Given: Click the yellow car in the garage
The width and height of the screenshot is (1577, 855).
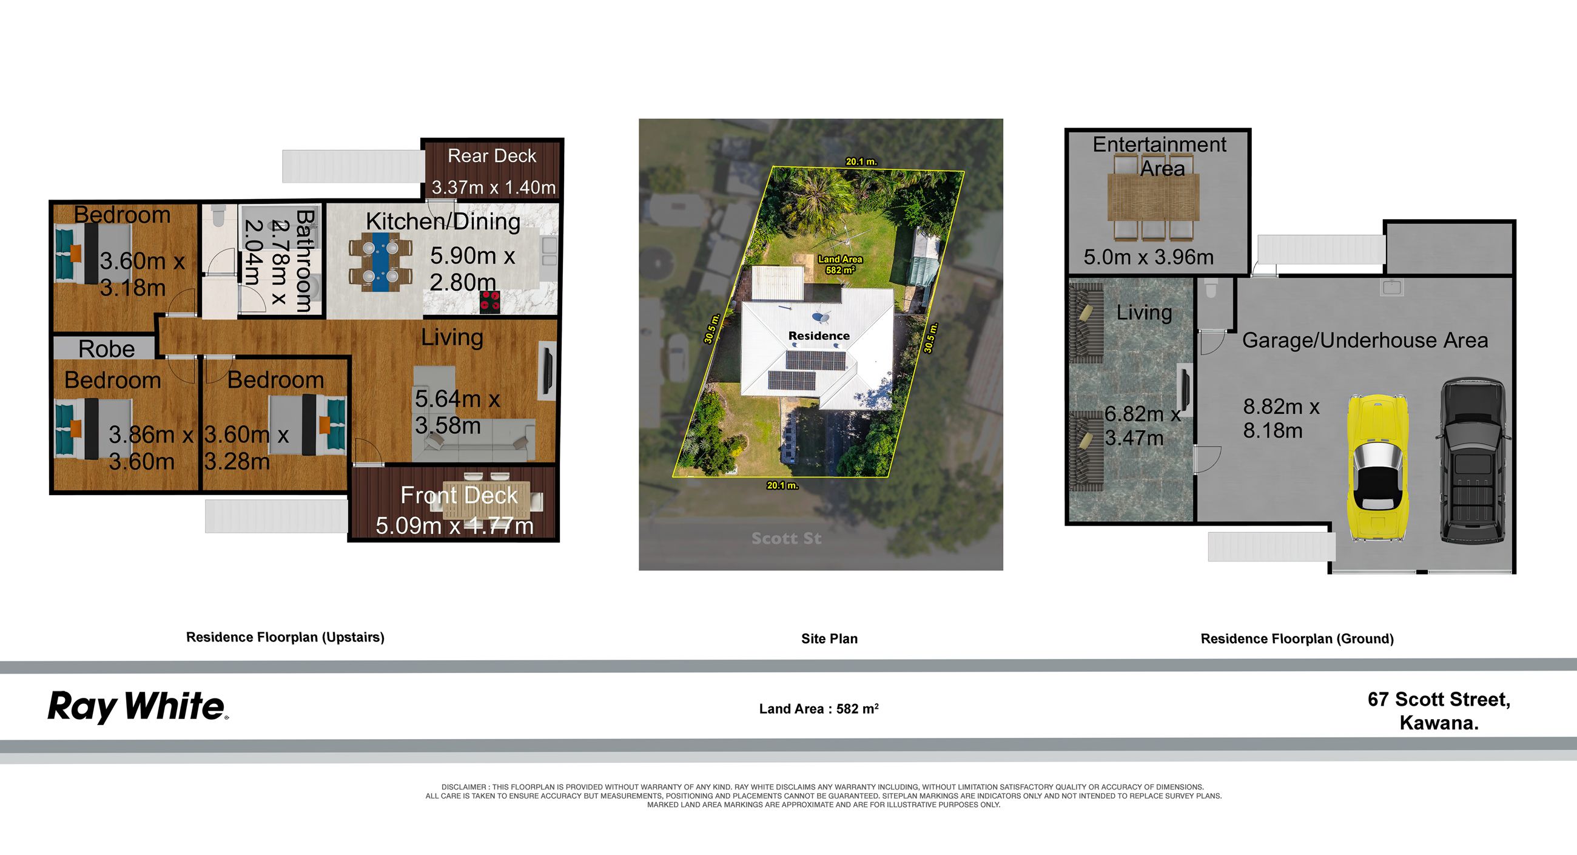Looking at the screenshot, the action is [x=1377, y=468].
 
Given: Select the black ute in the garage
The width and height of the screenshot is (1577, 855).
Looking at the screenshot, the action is [x=1471, y=461].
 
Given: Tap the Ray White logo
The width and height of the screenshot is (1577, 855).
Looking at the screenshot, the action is [x=138, y=708].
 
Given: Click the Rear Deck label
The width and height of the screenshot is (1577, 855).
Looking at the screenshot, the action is [x=491, y=155].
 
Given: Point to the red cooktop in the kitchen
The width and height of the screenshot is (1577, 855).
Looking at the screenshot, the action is [x=489, y=302].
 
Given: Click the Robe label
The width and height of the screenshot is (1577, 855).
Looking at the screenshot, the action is [x=107, y=349].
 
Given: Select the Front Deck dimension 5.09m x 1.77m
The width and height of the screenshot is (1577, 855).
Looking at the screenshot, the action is [x=454, y=526].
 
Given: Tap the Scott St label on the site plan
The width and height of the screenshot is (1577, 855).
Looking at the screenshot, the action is [x=786, y=538].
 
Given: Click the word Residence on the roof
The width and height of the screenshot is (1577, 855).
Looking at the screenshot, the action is [x=819, y=336].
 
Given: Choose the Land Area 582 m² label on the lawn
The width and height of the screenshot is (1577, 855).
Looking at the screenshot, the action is [x=840, y=265].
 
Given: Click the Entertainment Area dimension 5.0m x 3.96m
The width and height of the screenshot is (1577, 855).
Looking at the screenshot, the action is [x=1148, y=257].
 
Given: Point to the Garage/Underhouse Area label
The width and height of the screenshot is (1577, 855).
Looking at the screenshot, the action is [x=1365, y=340].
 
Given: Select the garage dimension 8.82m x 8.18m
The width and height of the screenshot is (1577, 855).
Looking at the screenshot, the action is [x=1280, y=418].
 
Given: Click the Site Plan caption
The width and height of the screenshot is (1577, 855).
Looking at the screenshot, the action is [x=830, y=639].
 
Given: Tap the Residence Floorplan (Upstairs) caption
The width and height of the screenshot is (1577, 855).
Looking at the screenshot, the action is [x=285, y=638].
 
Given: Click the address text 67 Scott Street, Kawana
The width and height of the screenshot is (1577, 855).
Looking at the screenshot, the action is [x=1439, y=711].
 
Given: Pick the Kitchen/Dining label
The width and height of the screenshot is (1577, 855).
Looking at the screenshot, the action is [x=443, y=221].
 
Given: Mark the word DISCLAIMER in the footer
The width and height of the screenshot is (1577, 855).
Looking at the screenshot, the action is [x=463, y=787].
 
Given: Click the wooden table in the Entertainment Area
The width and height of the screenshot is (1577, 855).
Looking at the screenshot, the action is [x=1154, y=197].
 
